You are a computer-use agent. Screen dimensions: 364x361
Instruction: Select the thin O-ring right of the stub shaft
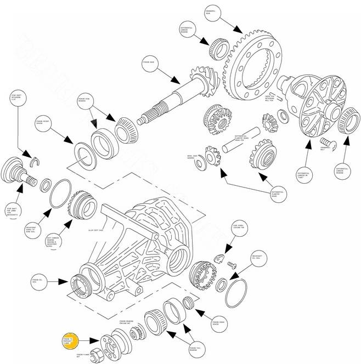pos(57,194)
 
